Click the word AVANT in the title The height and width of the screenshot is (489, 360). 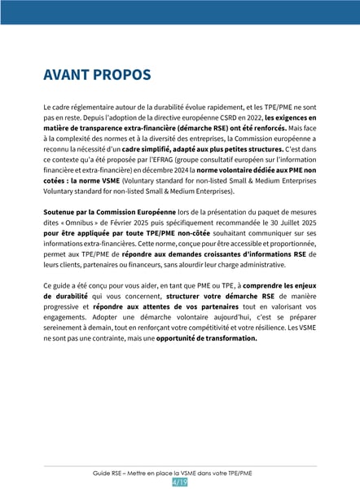click(x=69, y=75)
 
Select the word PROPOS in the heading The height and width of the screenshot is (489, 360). click(x=125, y=75)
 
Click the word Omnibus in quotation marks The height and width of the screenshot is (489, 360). click(x=83, y=223)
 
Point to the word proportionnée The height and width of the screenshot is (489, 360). click(x=279, y=244)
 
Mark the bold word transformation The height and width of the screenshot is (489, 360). click(x=222, y=338)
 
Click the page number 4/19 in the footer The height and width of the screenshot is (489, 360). click(x=180, y=482)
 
